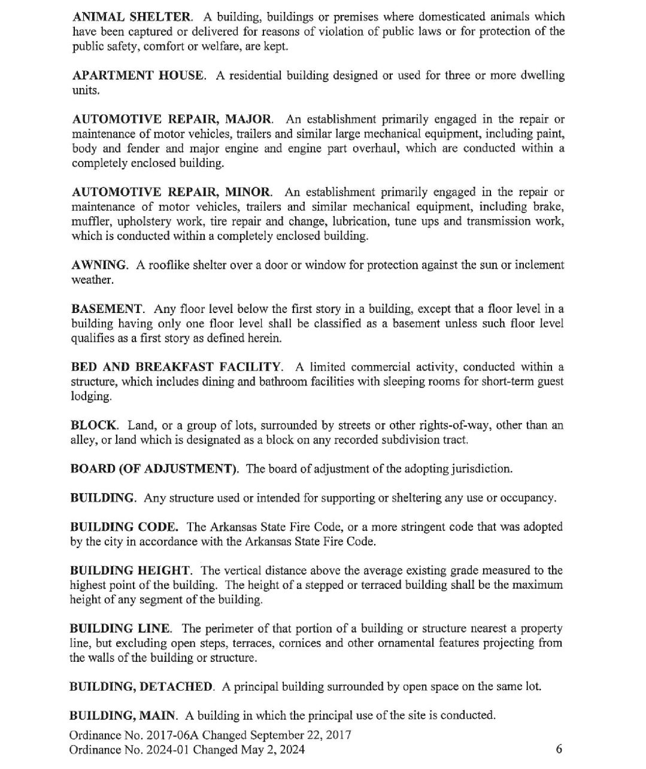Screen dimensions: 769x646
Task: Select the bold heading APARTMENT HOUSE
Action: tap(138, 75)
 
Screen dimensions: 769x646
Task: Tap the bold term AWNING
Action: tap(99, 265)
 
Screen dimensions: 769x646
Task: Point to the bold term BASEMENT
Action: tap(107, 309)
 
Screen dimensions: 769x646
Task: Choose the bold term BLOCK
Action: tap(94, 425)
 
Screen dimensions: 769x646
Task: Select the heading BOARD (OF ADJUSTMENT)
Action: tap(154, 469)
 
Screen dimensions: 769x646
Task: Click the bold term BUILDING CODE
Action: tap(124, 527)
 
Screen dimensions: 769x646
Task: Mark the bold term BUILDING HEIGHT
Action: tap(131, 571)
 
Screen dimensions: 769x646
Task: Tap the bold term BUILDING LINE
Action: tap(120, 629)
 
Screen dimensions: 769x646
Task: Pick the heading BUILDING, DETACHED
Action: tap(141, 687)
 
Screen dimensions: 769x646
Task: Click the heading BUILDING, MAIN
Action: tap(123, 716)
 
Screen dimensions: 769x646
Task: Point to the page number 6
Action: tap(559, 749)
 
